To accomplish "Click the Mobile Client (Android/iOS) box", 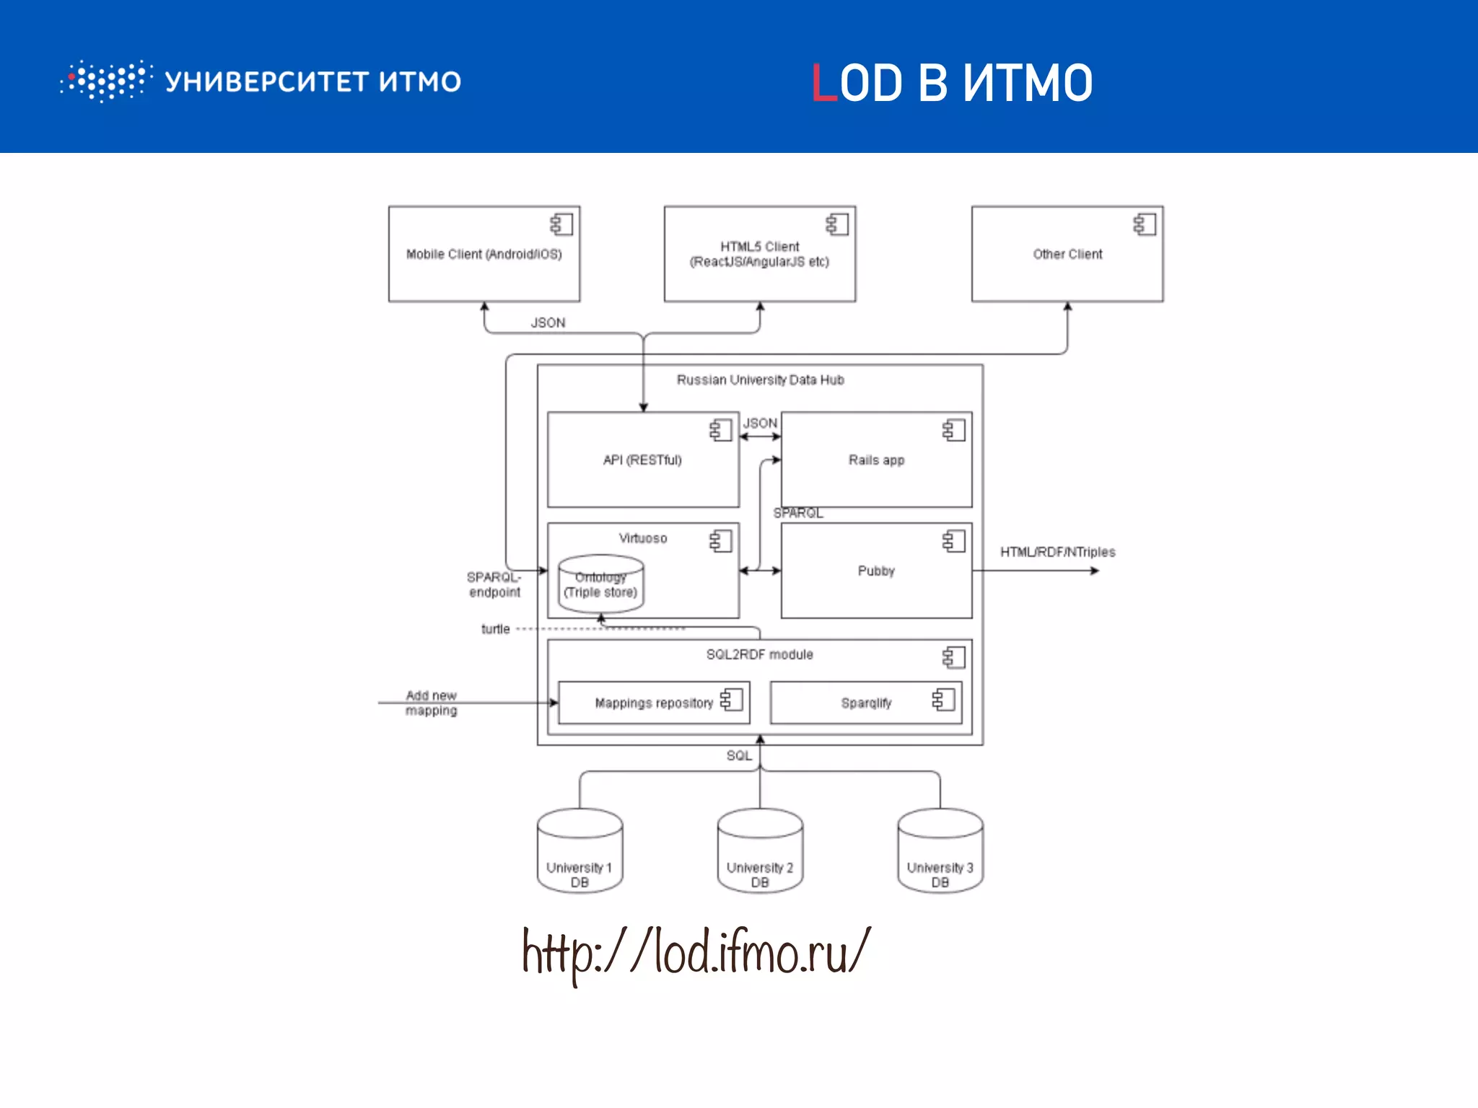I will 484,254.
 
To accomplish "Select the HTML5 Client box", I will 759,254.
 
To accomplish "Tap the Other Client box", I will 1067,254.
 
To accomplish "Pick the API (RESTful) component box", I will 642,460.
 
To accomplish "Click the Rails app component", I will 876,460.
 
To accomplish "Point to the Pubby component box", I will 876,571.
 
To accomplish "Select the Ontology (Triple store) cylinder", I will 600,585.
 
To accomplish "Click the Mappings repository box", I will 653,703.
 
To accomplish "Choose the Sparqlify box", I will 865,703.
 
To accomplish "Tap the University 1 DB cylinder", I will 580,853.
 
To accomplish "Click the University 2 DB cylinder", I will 760,853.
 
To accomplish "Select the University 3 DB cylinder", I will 940,853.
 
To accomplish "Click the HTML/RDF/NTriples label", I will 1057,553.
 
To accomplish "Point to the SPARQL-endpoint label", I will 494,585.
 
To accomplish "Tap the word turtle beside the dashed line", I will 495,630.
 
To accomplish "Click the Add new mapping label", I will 431,703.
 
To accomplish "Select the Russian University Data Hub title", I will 760,380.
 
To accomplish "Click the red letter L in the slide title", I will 824,83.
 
